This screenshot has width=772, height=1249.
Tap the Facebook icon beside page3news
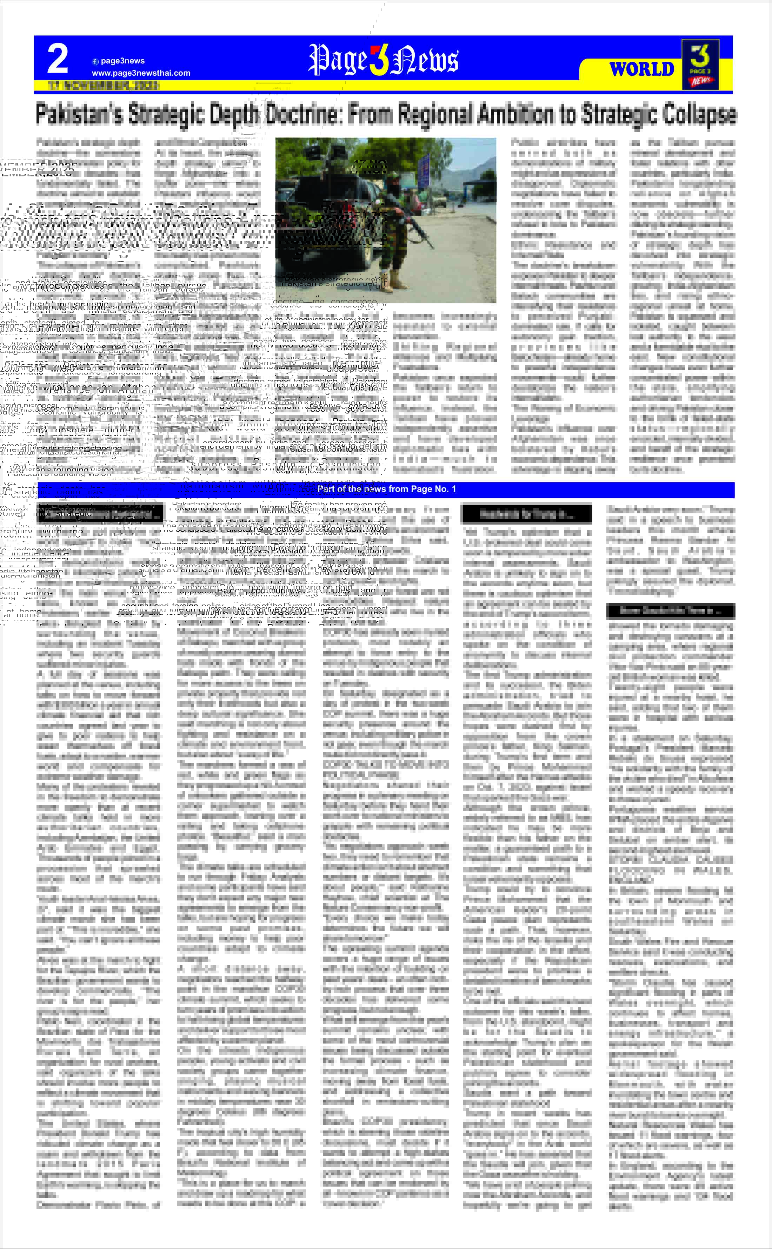pyautogui.click(x=95, y=61)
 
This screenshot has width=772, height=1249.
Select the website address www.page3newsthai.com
pyautogui.click(x=141, y=73)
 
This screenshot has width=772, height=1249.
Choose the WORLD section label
pyautogui.click(x=642, y=69)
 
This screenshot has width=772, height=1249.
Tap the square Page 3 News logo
pyautogui.click(x=700, y=64)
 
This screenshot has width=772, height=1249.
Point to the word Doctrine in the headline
pyautogui.click(x=303, y=114)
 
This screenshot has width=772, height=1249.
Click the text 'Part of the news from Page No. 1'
pyautogui.click(x=386, y=489)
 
